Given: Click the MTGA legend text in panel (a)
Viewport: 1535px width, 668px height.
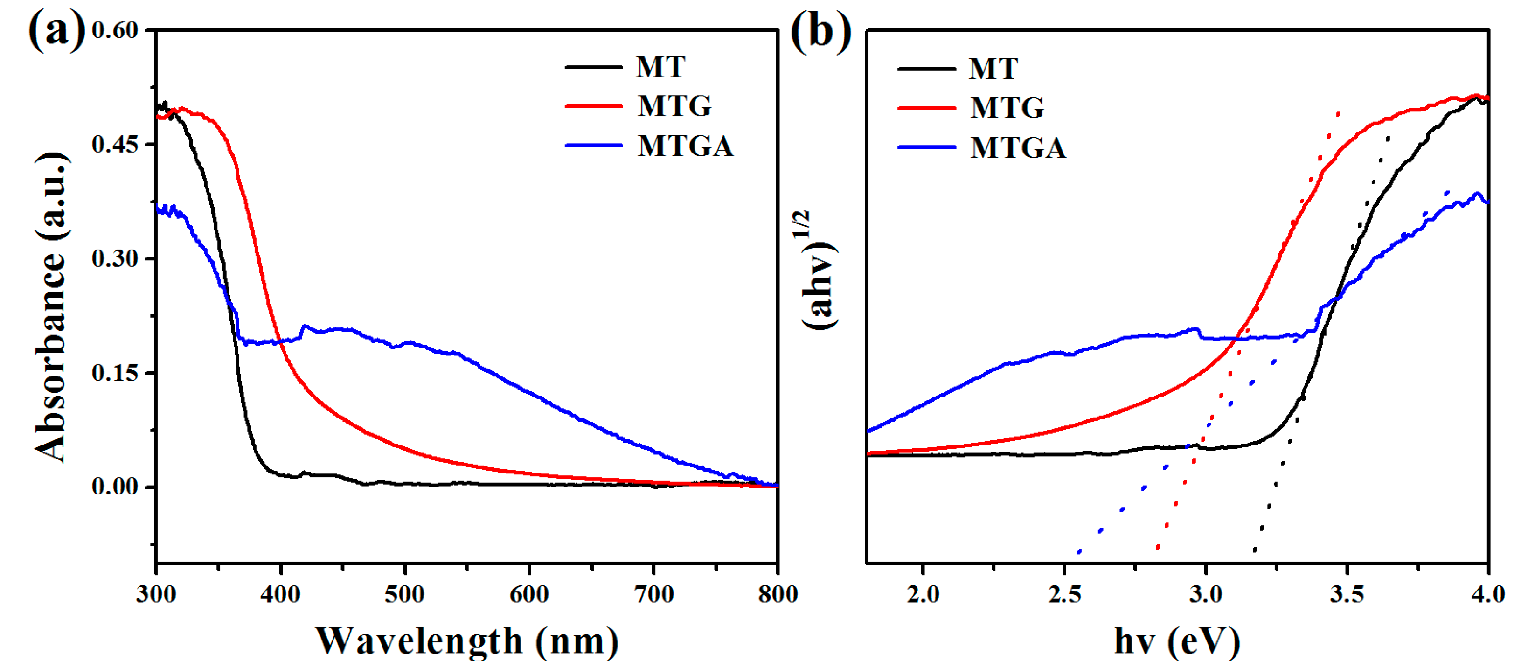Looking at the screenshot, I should (685, 146).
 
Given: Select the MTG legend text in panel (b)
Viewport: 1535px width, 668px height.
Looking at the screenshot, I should (1007, 108).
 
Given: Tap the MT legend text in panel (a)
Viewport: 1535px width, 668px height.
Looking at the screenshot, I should (660, 67).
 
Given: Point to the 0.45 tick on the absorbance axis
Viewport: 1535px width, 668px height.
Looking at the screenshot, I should (115, 144).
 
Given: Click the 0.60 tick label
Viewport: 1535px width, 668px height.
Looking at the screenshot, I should (115, 30).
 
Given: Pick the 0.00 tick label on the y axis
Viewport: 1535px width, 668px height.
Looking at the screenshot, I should (115, 487).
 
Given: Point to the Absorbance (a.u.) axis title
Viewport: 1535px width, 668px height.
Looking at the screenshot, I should (51, 307).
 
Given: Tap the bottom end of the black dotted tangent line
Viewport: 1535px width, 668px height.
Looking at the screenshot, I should (1254, 550).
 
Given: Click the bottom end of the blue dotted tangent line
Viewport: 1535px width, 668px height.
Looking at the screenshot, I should (1078, 552).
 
